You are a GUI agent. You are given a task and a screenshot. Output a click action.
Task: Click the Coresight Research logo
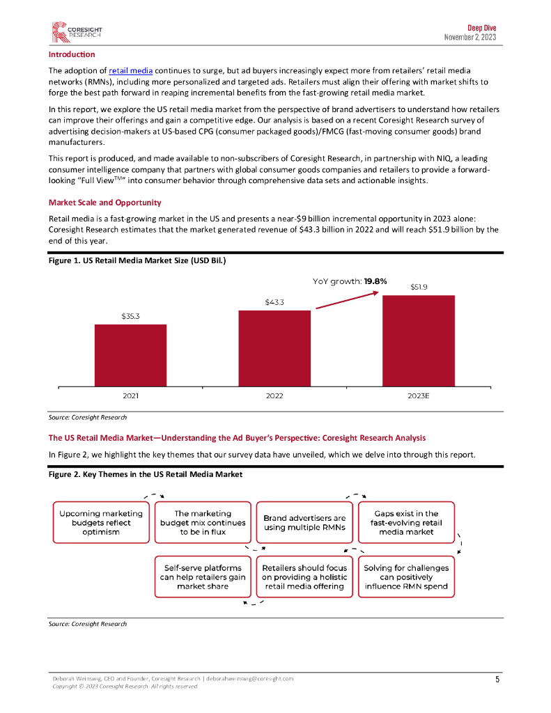coord(76,31)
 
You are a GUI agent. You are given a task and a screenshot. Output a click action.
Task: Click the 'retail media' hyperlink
coord(131,71)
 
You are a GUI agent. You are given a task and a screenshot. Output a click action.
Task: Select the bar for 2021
coord(130,354)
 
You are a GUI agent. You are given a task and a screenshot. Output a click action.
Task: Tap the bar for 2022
coord(274,347)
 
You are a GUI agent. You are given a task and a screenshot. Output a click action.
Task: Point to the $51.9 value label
coord(419,287)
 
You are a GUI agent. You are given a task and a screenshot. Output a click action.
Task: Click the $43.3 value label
coord(274,302)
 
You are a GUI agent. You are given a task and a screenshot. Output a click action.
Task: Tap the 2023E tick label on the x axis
coord(418,395)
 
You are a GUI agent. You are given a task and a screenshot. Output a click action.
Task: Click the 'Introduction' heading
coord(72,54)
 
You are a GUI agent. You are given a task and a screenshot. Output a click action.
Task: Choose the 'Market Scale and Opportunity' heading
coord(104,203)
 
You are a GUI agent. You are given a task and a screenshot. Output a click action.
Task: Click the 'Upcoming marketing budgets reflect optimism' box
coord(101,522)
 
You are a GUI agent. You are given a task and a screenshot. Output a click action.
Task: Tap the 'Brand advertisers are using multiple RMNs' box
coord(304,522)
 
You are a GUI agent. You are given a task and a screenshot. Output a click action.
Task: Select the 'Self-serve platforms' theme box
coord(203,577)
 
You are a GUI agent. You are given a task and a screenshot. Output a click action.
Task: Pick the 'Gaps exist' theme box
coord(406,522)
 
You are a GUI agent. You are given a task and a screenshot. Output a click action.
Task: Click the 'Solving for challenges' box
coord(406,577)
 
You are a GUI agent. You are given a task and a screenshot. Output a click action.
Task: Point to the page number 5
coord(497,680)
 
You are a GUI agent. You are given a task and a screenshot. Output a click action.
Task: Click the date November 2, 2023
coord(470,37)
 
